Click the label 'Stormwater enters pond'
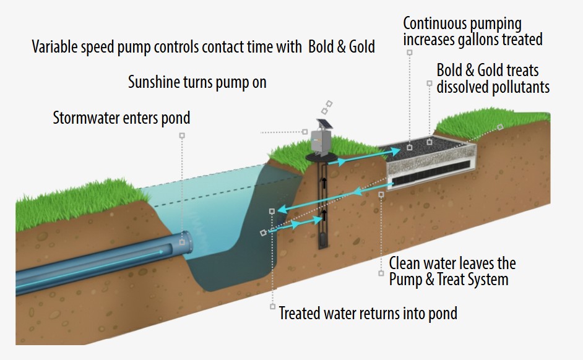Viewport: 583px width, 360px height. click(121, 118)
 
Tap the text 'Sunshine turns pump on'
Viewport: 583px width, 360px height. click(197, 82)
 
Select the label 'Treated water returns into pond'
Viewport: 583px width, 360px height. click(368, 313)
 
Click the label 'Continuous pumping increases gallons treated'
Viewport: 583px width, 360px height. click(472, 32)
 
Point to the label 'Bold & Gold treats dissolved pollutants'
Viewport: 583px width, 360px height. click(493, 78)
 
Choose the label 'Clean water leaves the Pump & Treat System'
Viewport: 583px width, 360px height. click(452, 272)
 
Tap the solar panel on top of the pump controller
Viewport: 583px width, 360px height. click(323, 124)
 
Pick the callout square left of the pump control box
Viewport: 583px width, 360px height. click(304, 132)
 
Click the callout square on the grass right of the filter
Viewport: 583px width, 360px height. click(500, 127)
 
